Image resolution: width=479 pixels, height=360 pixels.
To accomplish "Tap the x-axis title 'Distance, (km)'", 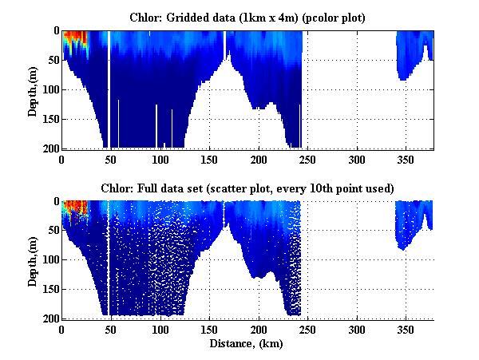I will [x=247, y=345].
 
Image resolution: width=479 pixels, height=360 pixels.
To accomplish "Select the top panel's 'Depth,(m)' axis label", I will [x=33, y=89].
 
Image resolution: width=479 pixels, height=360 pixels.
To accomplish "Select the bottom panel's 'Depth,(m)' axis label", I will [x=33, y=260].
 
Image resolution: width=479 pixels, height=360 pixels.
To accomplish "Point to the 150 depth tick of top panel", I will [x=49, y=120].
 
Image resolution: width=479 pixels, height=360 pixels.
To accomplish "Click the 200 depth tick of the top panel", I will [x=49, y=148].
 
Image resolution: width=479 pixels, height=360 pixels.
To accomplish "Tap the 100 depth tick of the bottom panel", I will [x=49, y=261].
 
